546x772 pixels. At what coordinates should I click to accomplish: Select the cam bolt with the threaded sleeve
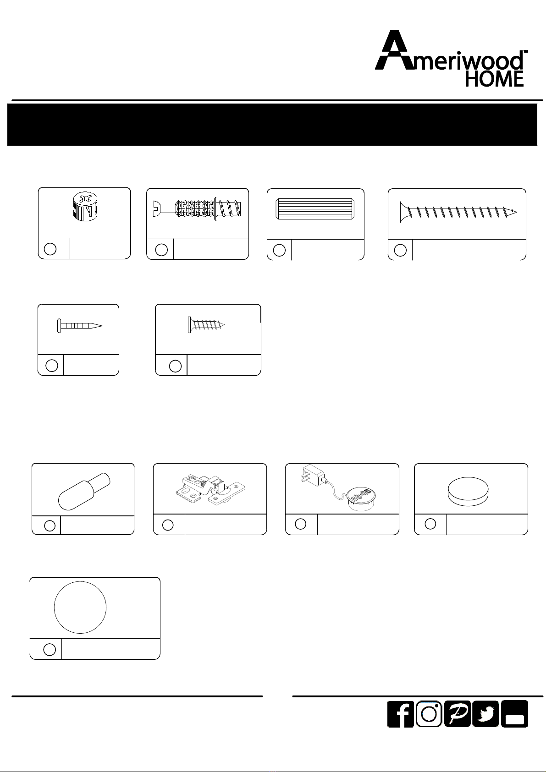197,209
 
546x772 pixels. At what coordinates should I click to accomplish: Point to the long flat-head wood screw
458,212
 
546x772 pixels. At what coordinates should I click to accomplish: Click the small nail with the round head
80,326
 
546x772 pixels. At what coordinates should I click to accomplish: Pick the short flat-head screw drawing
206,325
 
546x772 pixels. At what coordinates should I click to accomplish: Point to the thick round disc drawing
468,492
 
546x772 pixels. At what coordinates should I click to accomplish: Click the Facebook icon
401,714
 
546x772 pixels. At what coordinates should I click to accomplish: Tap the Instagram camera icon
429,714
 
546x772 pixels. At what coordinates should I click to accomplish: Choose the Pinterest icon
458,714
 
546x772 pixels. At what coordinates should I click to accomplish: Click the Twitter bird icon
485,714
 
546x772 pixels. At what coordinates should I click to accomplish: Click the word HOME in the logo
494,79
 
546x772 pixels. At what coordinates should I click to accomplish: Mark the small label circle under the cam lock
50,249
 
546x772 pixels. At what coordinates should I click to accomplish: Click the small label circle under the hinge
168,525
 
